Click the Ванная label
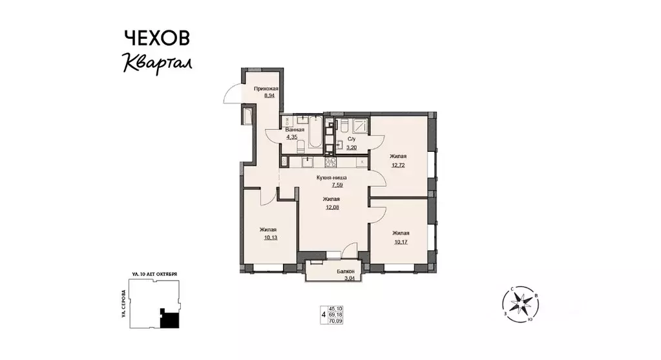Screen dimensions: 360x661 [x=295, y=130]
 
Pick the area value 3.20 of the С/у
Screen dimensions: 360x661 [x=351, y=147]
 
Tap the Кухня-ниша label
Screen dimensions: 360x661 [x=332, y=177]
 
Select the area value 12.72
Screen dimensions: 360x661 [x=398, y=164]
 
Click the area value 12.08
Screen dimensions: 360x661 [x=332, y=207]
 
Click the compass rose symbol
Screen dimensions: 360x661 [x=519, y=304]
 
